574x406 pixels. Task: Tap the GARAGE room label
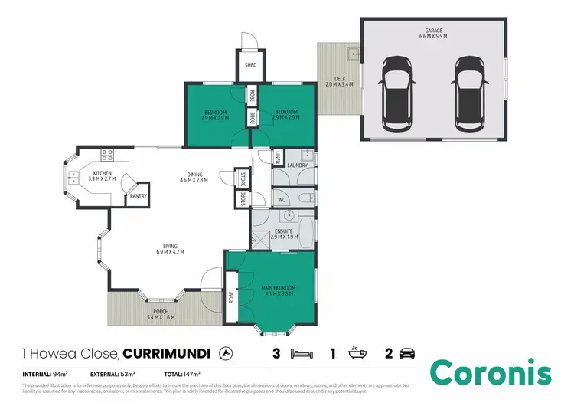[x=432, y=31]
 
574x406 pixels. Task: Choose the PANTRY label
[x=138, y=196]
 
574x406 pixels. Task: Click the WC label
[x=281, y=201]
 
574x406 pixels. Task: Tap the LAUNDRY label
[x=298, y=165]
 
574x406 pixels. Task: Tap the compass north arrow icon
[x=226, y=353]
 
